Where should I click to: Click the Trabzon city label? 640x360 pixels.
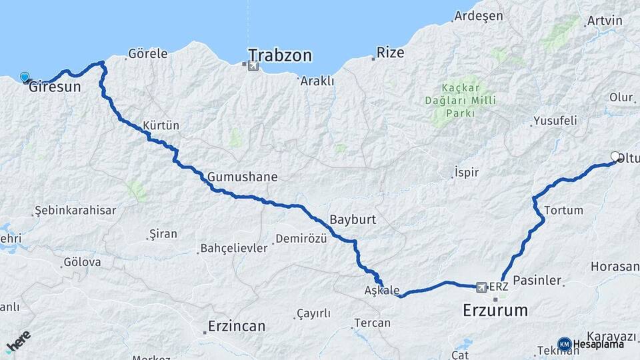[280, 55]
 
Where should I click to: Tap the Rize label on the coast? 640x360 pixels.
[391, 53]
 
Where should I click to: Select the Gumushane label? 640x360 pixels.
[242, 177]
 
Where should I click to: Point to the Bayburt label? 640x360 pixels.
[353, 220]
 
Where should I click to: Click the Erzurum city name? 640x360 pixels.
[495, 310]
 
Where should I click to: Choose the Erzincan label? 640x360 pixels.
[236, 327]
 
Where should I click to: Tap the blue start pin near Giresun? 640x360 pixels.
[25, 77]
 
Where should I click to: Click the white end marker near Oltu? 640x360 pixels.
[615, 157]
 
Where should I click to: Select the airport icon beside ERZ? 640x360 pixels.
[481, 287]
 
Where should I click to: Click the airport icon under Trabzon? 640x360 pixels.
[252, 66]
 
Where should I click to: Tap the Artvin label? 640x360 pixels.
[604, 21]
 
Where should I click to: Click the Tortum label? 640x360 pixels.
[563, 211]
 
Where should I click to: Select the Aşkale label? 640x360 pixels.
[382, 291]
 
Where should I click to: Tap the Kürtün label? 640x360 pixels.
[161, 126]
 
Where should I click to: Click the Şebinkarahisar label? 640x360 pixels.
[75, 211]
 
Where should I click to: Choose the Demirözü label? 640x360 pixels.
[301, 240]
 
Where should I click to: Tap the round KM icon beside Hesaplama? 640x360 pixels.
[565, 344]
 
